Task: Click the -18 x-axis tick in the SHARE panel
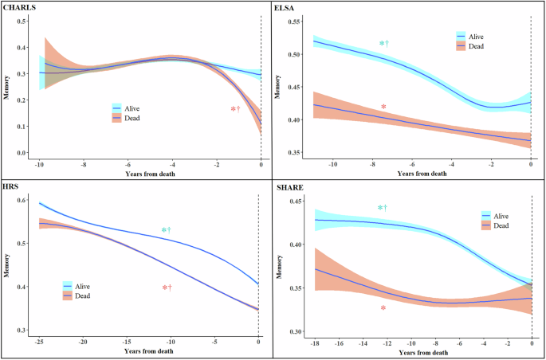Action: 316,341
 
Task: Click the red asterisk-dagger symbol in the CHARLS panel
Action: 235,109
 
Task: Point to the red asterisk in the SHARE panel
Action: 383,307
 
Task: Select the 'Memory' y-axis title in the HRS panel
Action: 8,264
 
